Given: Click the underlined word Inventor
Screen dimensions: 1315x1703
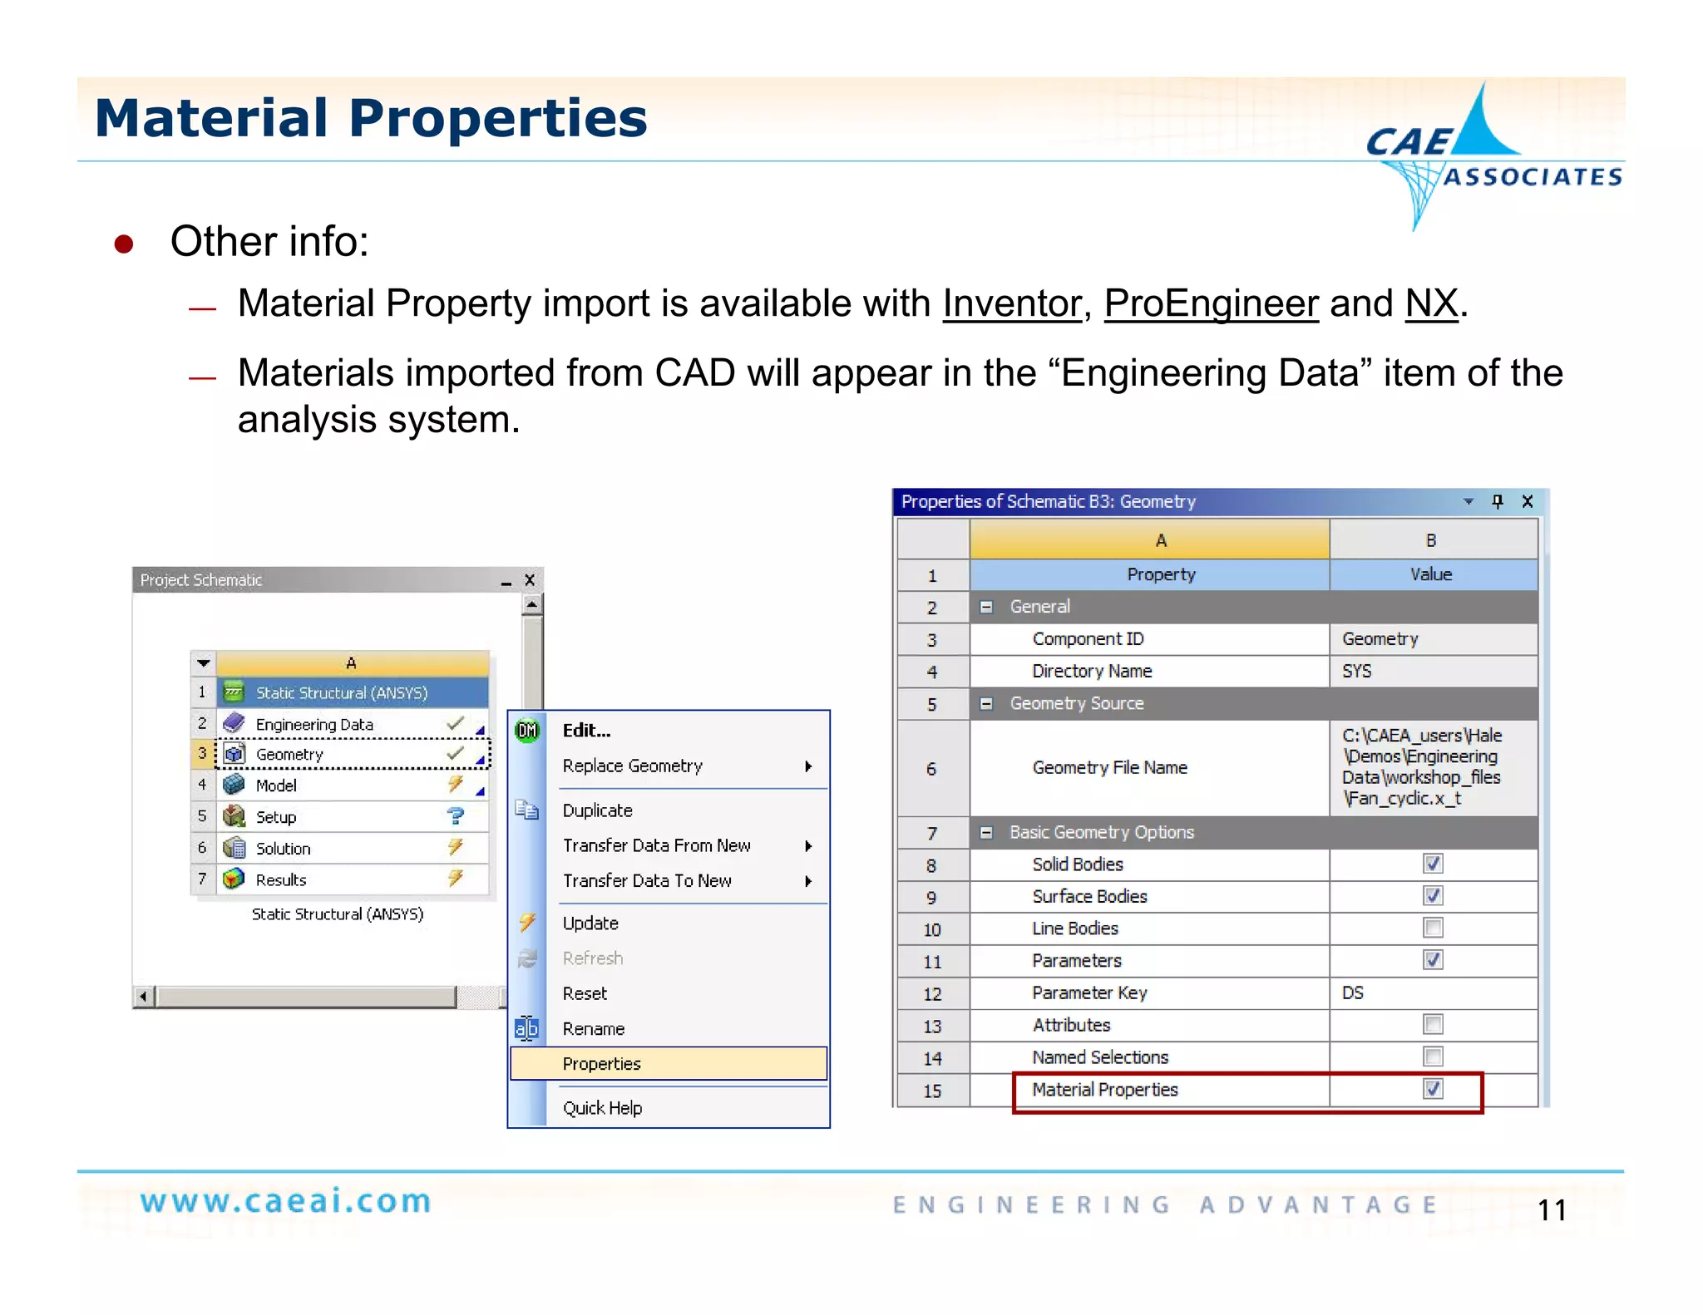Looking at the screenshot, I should click(x=1011, y=303).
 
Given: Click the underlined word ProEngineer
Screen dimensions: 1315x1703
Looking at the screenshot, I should click(x=1211, y=303).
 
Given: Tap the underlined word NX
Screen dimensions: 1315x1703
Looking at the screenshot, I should click(x=1431, y=303).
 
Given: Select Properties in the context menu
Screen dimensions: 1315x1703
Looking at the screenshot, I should click(x=601, y=1064).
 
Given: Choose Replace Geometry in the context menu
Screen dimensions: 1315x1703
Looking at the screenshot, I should click(x=632, y=766).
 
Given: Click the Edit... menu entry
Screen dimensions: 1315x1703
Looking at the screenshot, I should click(x=586, y=731).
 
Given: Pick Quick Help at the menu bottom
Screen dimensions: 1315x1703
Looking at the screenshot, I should click(x=602, y=1108).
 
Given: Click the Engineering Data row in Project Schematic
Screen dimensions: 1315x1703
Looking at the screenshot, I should click(x=314, y=724).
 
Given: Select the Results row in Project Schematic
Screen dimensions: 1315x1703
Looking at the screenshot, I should click(x=281, y=879).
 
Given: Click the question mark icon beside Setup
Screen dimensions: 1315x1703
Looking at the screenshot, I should click(x=455, y=816).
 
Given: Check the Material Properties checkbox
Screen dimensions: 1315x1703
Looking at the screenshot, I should click(x=1432, y=1089).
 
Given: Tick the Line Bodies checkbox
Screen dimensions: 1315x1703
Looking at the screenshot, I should click(x=1432, y=928).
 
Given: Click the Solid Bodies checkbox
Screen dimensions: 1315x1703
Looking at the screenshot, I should click(x=1432, y=864).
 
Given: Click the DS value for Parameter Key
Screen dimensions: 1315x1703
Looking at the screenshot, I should click(x=1353, y=992).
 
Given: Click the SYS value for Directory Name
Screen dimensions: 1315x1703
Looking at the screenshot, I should click(x=1356, y=671).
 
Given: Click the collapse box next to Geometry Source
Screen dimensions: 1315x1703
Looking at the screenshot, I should click(x=986, y=703).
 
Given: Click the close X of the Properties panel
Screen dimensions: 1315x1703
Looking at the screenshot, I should click(x=1527, y=501).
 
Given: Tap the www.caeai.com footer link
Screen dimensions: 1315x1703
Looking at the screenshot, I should click(x=285, y=1202).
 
